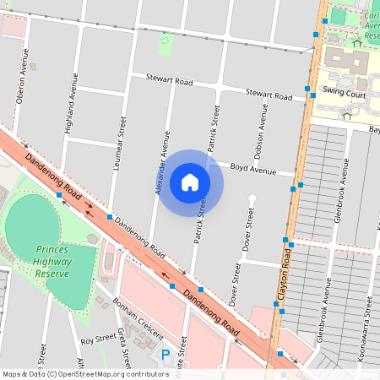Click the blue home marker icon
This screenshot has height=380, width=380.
[190, 182]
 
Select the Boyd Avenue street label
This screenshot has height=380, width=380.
[253, 170]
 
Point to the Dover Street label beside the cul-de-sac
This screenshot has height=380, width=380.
[249, 231]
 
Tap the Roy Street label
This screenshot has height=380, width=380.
[98, 340]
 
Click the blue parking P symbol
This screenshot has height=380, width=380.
[166, 355]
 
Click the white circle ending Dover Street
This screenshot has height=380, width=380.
[251, 198]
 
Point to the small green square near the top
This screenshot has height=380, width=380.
[165, 38]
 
